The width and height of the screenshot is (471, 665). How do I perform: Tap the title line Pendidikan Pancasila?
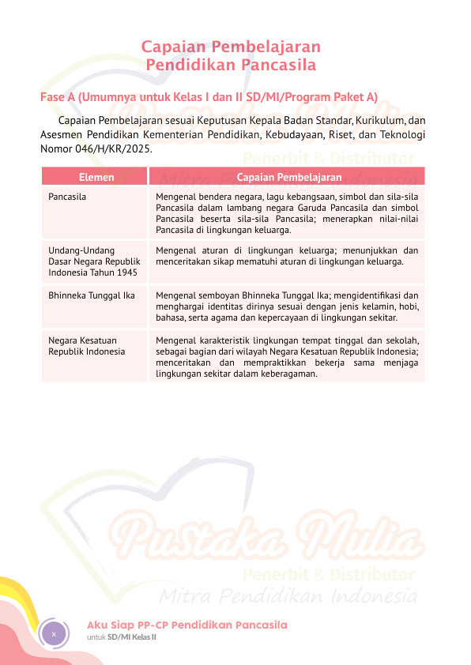[x=231, y=64]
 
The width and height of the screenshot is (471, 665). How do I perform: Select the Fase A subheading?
[x=209, y=97]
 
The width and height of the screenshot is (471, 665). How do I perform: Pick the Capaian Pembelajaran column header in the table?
[x=288, y=178]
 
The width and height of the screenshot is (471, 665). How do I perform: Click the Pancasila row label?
[x=67, y=195]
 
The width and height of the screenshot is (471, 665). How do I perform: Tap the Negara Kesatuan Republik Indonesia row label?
[x=86, y=345]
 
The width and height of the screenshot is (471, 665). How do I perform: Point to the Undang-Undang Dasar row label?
[x=93, y=261]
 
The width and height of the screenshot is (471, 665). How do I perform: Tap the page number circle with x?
[x=54, y=634]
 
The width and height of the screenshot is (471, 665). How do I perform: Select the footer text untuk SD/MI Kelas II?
[x=122, y=637]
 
